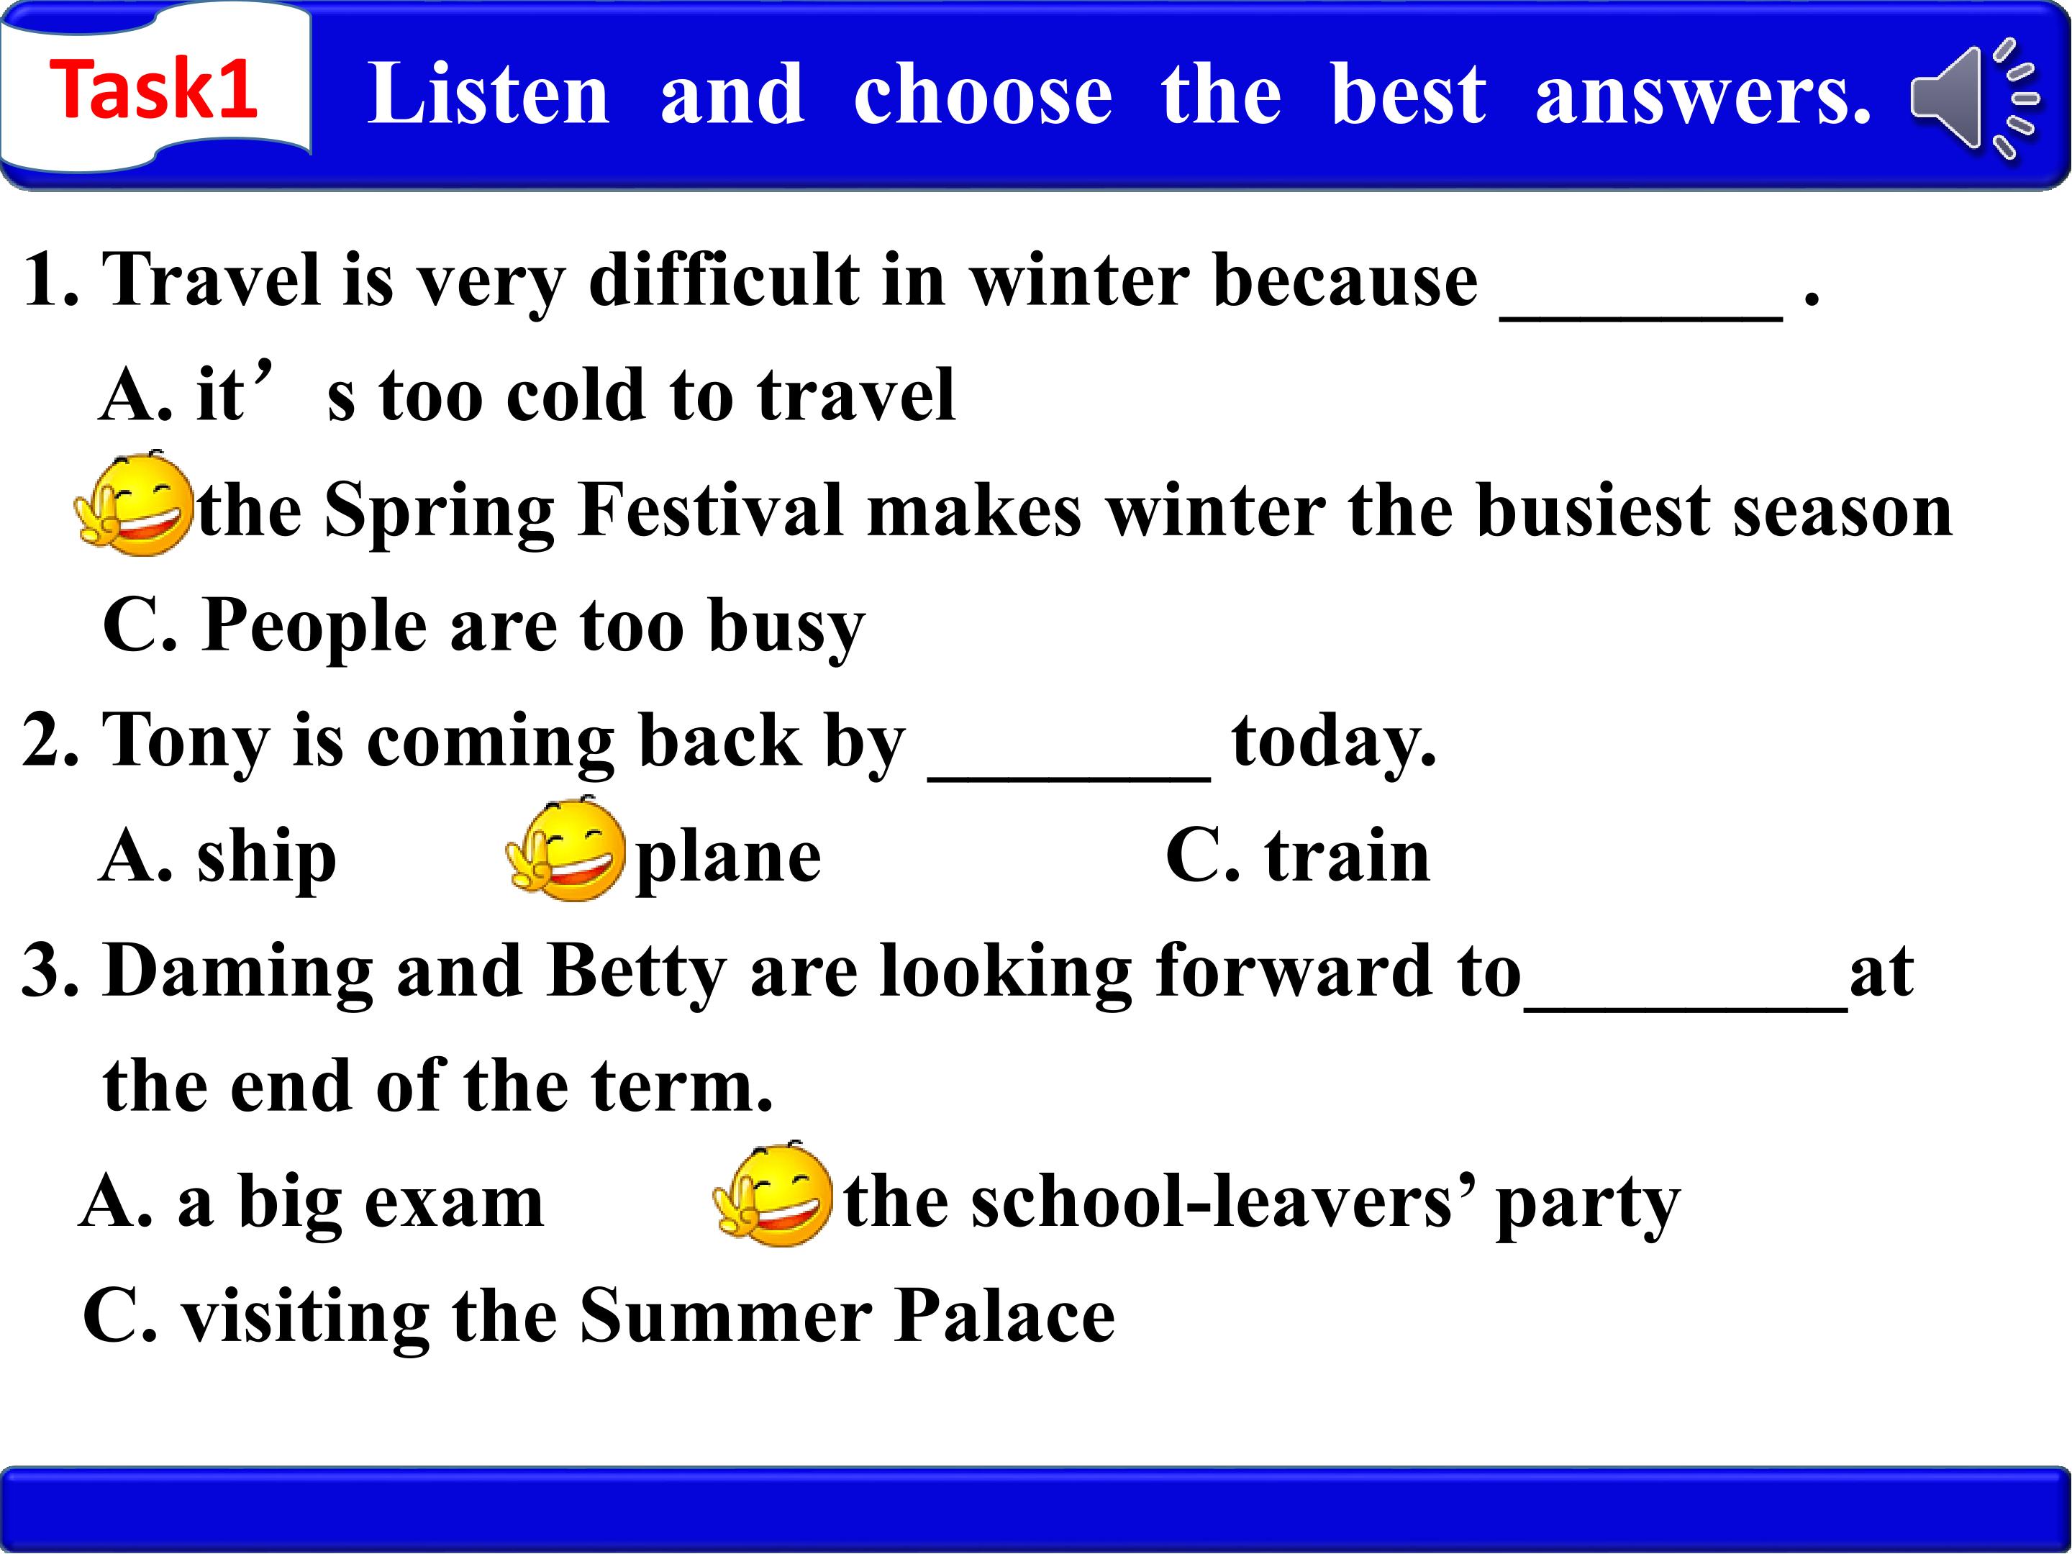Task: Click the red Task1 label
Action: pyautogui.click(x=154, y=89)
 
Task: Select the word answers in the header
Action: pyautogui.click(x=1703, y=96)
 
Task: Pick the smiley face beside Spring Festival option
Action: pyautogui.click(x=134, y=503)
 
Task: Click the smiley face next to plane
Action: pyautogui.click(x=565, y=849)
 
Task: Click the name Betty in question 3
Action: pyautogui.click(x=636, y=971)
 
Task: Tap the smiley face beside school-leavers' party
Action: pyautogui.click(x=772, y=1194)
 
